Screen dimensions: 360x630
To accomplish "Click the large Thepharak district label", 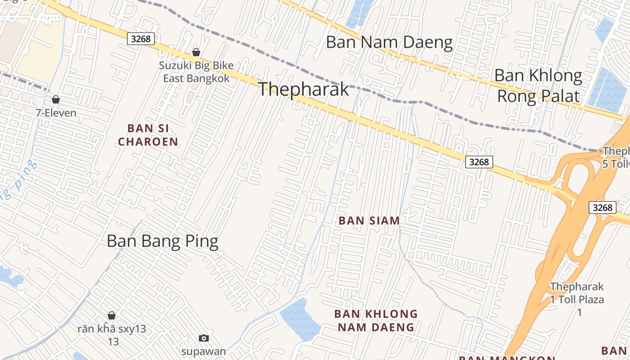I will coord(303,89).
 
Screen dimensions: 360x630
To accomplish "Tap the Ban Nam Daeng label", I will coord(389,42).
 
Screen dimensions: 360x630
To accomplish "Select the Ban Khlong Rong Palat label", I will coord(538,85).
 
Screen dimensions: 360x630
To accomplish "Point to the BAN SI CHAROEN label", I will coord(148,135).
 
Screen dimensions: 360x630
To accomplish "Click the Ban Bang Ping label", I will coord(162,242).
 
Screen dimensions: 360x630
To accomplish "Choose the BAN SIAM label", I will coord(369,220).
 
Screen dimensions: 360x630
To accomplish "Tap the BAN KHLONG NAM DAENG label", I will coord(376,320).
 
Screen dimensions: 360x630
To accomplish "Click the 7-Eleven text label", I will coord(56,113).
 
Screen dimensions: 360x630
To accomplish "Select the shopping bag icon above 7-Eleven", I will coord(56,99).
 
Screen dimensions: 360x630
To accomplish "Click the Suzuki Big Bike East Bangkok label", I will coord(196,72).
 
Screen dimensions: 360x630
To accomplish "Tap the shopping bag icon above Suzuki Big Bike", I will coord(196,53).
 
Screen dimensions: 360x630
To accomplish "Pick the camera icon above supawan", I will coord(204,338).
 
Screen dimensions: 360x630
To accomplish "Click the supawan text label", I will coord(204,351).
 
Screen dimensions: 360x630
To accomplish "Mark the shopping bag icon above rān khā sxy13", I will coord(112,315).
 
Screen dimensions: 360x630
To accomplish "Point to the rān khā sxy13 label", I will coord(112,335).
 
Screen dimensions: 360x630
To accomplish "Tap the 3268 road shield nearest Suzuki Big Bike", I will coord(141,39).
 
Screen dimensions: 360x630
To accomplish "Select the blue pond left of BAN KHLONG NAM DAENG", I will coord(300,320).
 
